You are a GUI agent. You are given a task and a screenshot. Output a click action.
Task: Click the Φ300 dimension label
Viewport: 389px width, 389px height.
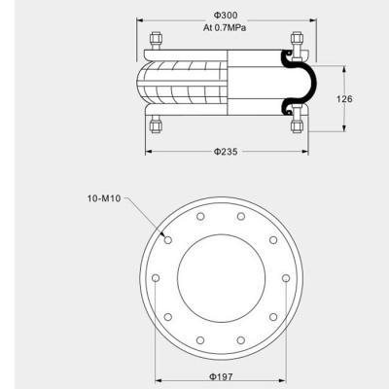point(226,16)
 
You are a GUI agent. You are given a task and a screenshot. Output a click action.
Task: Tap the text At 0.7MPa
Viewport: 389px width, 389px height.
point(225,28)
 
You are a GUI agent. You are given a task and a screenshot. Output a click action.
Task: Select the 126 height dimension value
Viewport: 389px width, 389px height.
point(344,99)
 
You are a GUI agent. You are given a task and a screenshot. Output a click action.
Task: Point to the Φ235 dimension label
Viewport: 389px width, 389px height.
point(226,152)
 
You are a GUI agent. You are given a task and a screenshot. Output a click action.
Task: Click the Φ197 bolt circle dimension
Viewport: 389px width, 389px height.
point(221,377)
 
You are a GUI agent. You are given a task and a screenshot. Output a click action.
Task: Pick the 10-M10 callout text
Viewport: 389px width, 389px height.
point(104,198)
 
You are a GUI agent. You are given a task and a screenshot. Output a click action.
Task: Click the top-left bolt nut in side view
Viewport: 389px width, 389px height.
point(156,41)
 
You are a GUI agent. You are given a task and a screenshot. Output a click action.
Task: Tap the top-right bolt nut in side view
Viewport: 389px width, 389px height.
point(297,41)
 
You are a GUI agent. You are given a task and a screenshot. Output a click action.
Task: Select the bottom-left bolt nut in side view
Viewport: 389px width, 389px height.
point(156,124)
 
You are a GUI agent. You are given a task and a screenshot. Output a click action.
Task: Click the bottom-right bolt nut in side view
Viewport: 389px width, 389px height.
point(297,124)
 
